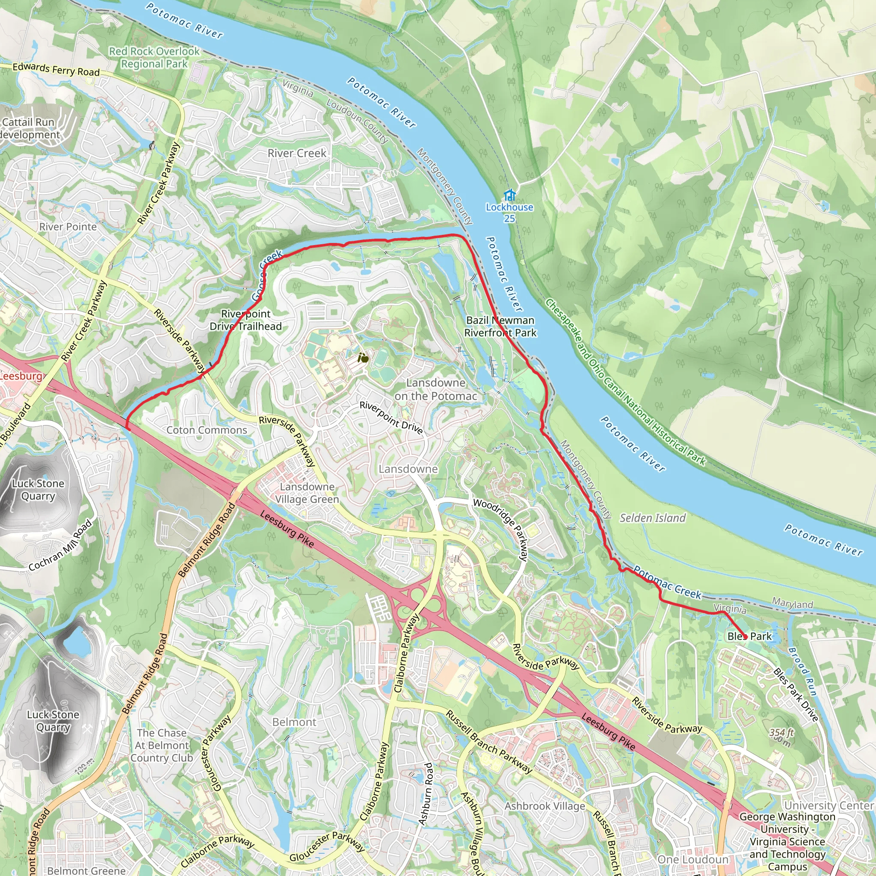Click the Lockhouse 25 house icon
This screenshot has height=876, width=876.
coord(509,195)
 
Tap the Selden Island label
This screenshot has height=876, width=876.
coord(652,518)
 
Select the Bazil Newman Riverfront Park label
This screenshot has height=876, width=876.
coord(500,326)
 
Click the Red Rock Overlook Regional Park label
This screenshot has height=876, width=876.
coord(154,58)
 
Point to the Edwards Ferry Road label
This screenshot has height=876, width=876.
coord(56,69)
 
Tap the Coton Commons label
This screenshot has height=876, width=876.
coord(207,430)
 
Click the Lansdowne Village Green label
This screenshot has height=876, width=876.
coord(307,493)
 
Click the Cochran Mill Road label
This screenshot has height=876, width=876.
coord(60,546)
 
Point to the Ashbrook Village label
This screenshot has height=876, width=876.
coord(545,806)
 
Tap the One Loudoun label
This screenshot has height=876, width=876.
coord(693,860)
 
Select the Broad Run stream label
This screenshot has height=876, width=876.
coord(802,672)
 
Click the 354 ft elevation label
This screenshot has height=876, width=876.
coord(781,733)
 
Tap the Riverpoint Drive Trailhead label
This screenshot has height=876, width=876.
coord(245,320)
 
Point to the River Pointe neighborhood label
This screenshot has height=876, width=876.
coord(68,227)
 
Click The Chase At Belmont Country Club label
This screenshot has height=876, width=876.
coord(161,746)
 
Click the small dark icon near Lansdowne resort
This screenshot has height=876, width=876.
coord(363,358)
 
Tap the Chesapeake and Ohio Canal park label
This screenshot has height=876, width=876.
coord(625,382)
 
